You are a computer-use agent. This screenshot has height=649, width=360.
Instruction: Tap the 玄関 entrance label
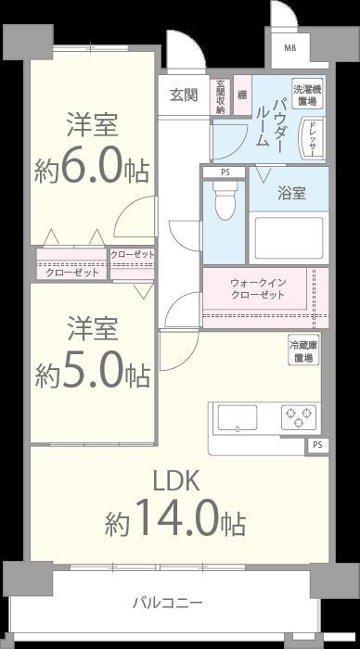pos(183,95)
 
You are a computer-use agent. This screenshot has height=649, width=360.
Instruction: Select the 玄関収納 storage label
pos(221,96)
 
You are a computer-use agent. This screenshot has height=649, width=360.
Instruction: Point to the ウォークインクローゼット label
pos(257,288)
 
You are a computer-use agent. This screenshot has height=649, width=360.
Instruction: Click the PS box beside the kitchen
pos(317,446)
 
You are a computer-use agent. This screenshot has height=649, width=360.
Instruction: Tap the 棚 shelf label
pos(241,95)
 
